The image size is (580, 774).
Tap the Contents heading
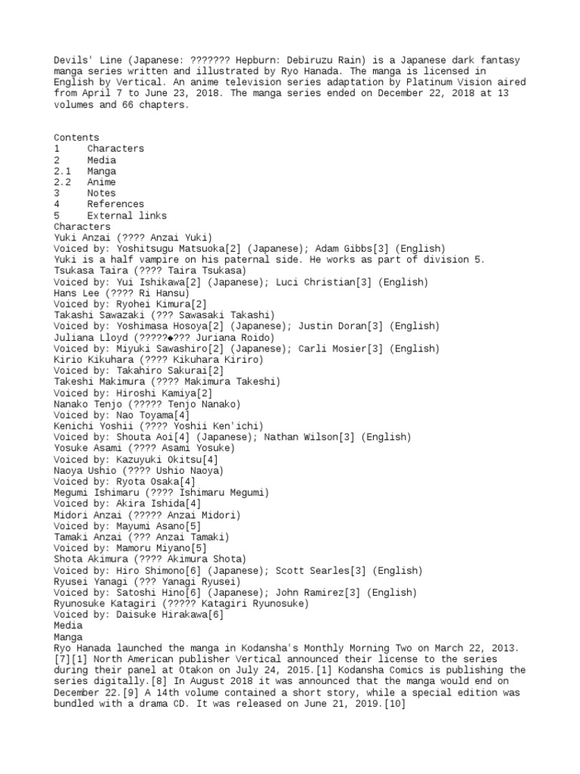[76, 138]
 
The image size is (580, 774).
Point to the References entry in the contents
[115, 204]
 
